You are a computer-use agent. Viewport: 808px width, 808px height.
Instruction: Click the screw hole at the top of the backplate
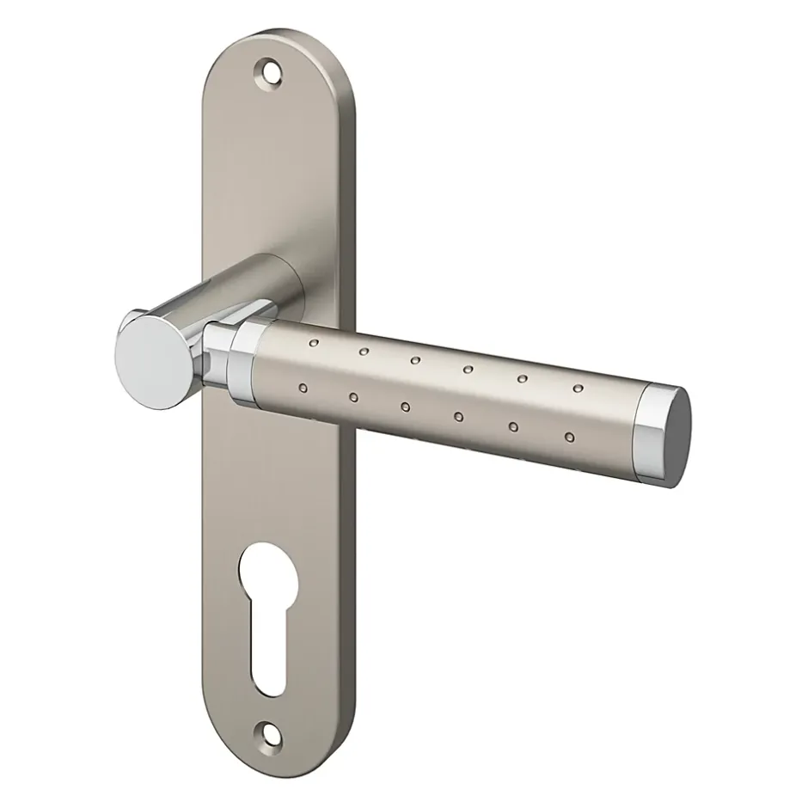pyautogui.click(x=272, y=72)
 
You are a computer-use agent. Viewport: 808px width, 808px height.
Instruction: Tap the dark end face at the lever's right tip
pyautogui.click(x=676, y=436)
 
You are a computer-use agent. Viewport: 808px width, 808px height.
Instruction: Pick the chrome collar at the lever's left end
pyautogui.click(x=245, y=359)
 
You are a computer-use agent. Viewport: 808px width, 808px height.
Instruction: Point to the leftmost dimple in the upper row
pyautogui.click(x=313, y=343)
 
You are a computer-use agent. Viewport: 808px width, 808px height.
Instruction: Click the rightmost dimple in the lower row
pyautogui.click(x=568, y=438)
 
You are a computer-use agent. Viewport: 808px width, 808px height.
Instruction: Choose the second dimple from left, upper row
pyautogui.click(x=364, y=352)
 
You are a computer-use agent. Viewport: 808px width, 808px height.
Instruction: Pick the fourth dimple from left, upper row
pyautogui.click(x=468, y=370)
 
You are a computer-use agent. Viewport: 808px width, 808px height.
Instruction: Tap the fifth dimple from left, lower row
pyautogui.click(x=514, y=427)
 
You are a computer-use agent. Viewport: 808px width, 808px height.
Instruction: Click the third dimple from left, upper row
pyautogui.click(x=416, y=361)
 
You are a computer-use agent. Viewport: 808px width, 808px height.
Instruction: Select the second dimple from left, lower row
pyautogui.click(x=353, y=398)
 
